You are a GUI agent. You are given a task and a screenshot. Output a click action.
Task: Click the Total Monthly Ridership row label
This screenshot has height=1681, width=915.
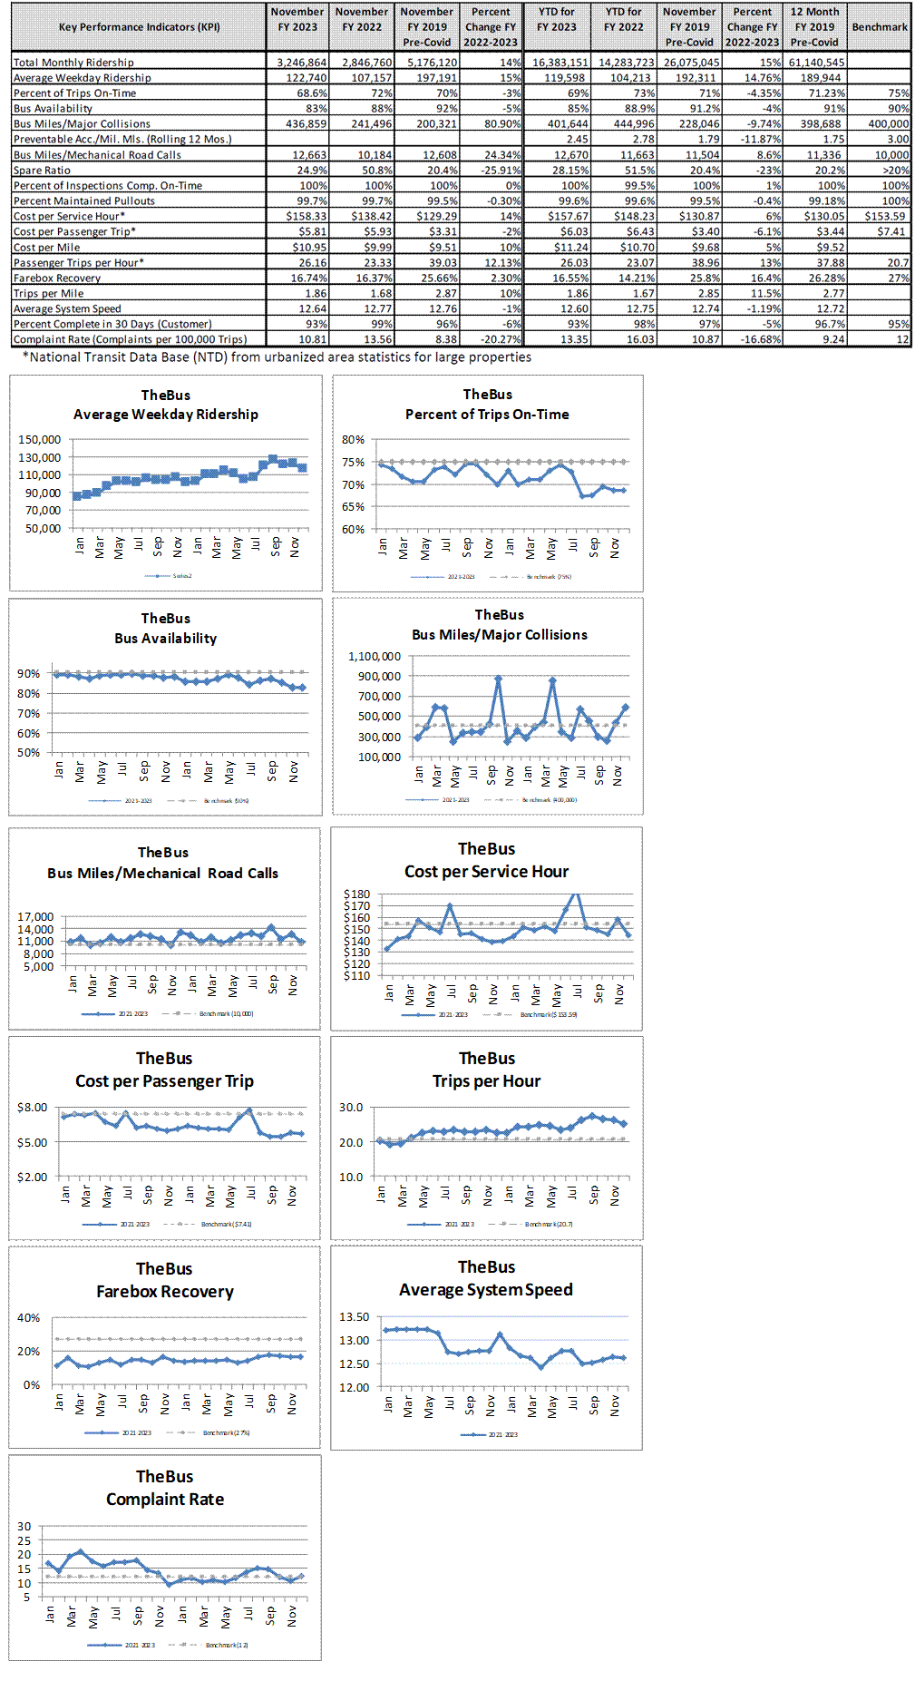pos(73,63)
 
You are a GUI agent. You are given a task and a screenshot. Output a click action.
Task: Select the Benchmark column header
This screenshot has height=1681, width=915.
pos(879,27)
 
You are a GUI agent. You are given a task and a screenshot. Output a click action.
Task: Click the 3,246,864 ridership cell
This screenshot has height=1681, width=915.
pos(301,63)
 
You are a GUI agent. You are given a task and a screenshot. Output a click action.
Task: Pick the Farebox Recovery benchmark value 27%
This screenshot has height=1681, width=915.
pos(898,279)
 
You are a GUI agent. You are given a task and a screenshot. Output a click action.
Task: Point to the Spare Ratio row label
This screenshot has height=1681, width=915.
pos(42,171)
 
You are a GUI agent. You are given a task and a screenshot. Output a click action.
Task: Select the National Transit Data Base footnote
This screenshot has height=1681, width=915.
pos(277,357)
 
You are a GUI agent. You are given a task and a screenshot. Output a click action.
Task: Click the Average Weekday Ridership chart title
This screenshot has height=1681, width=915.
pos(165,415)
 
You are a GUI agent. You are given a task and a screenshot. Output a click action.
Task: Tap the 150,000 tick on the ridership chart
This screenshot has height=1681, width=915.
pos(39,440)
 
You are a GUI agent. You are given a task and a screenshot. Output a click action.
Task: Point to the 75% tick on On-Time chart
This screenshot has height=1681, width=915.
pos(353,463)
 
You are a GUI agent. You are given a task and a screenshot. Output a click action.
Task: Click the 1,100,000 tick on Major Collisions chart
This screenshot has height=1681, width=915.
pos(375,657)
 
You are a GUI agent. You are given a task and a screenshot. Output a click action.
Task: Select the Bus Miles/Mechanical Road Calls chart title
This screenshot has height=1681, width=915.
pos(163,873)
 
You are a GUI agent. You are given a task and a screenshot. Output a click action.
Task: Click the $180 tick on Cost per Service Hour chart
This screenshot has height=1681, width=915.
pos(356,894)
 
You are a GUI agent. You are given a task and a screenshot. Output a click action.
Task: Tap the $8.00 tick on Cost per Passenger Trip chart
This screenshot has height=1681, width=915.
pos(32,1108)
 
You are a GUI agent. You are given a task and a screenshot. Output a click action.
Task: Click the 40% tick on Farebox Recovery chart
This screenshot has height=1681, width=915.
pos(28,1318)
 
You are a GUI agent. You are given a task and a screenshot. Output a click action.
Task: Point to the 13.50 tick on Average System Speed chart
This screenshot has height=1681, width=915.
pos(354,1317)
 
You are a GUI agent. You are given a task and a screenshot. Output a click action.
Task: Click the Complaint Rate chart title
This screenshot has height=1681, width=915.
pos(165,1500)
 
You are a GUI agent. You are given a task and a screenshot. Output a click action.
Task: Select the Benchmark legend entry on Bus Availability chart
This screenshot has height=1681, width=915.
pos(226,801)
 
